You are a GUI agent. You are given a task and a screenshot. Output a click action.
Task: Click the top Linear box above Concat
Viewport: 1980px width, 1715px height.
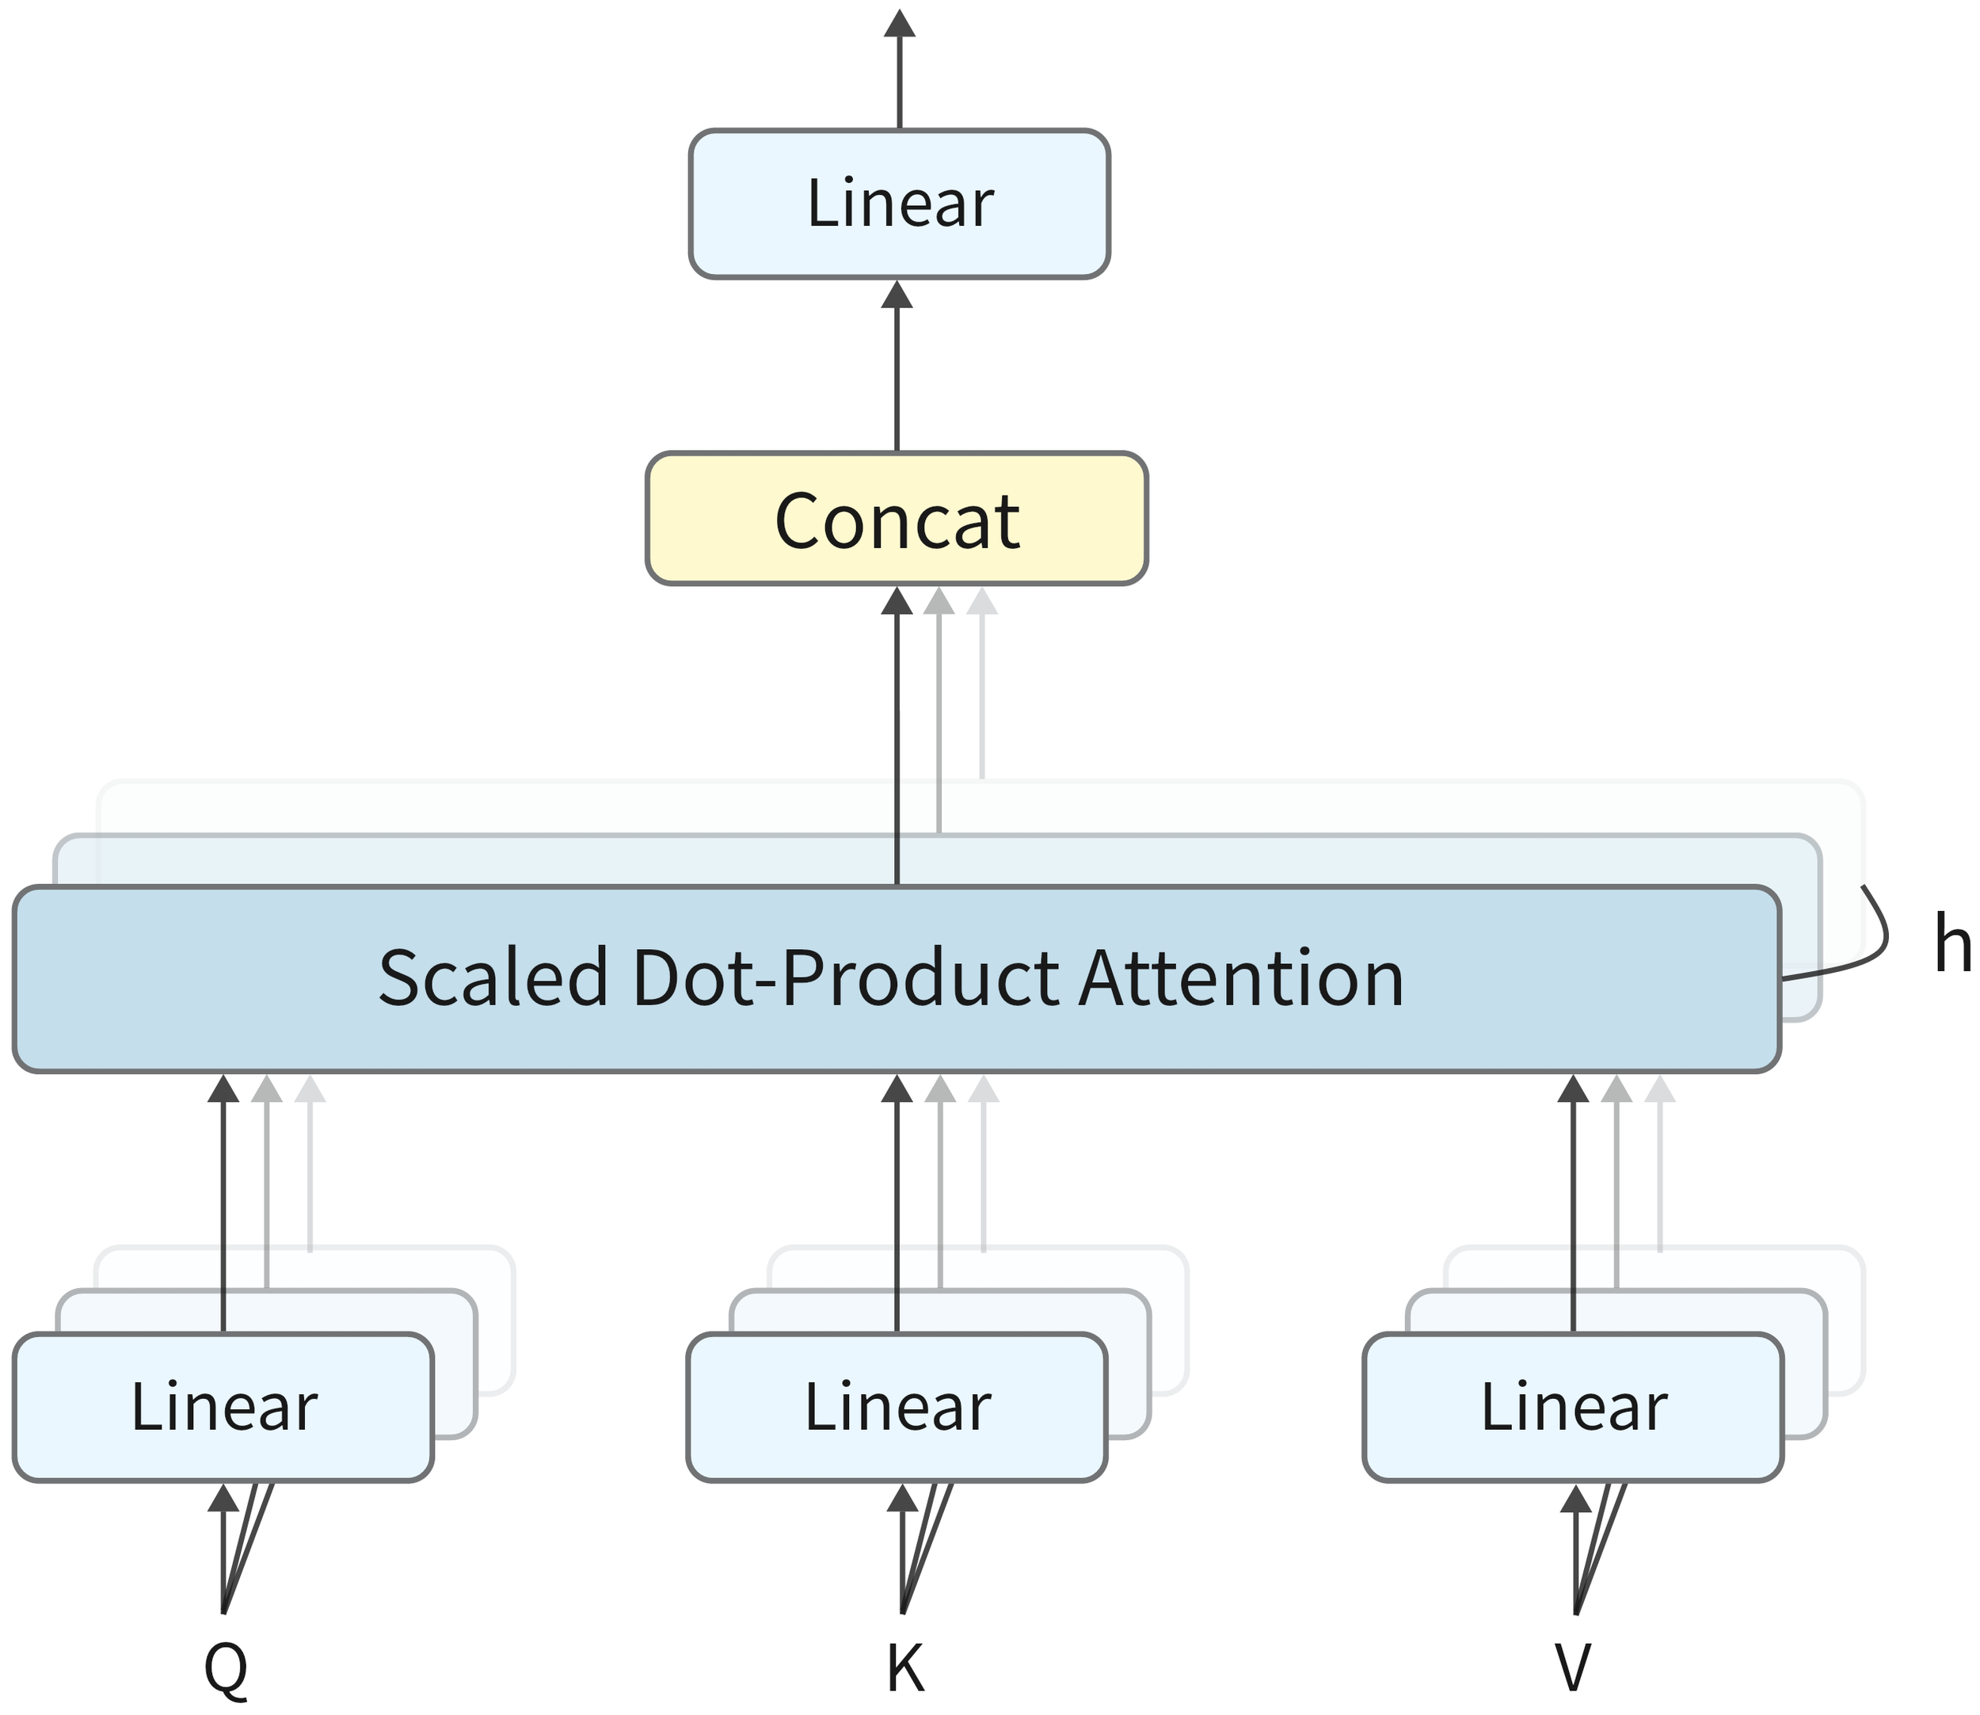[x=899, y=204]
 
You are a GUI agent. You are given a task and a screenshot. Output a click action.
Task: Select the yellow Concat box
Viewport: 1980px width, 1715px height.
[x=896, y=519]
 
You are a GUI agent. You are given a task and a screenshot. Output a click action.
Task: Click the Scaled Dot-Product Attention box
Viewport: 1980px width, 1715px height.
[x=896, y=978]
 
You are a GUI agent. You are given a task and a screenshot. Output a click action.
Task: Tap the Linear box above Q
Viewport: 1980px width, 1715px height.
[x=223, y=1407]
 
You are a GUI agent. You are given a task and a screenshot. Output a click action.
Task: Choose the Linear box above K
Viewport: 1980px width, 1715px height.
[x=897, y=1407]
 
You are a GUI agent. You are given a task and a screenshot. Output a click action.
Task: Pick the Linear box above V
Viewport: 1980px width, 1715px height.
[x=1572, y=1407]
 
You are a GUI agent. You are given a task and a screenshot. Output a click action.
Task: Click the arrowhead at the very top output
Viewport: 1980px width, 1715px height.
[x=899, y=23]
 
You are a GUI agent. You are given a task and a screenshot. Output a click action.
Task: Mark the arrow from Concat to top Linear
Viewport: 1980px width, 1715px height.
[x=897, y=373]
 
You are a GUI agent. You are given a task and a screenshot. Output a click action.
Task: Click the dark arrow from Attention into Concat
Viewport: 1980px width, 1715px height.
[x=897, y=737]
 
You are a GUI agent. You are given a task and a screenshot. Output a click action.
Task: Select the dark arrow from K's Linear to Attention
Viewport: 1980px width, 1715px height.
[x=897, y=1206]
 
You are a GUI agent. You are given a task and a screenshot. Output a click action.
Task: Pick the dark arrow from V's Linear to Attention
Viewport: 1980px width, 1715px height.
[x=1573, y=1206]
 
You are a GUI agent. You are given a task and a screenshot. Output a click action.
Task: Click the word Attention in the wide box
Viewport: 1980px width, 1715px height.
[x=1241, y=978]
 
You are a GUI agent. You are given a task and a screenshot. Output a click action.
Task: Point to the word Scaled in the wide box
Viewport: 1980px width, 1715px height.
[x=493, y=978]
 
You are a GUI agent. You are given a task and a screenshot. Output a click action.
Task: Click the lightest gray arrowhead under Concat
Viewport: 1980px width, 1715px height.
[x=982, y=602]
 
